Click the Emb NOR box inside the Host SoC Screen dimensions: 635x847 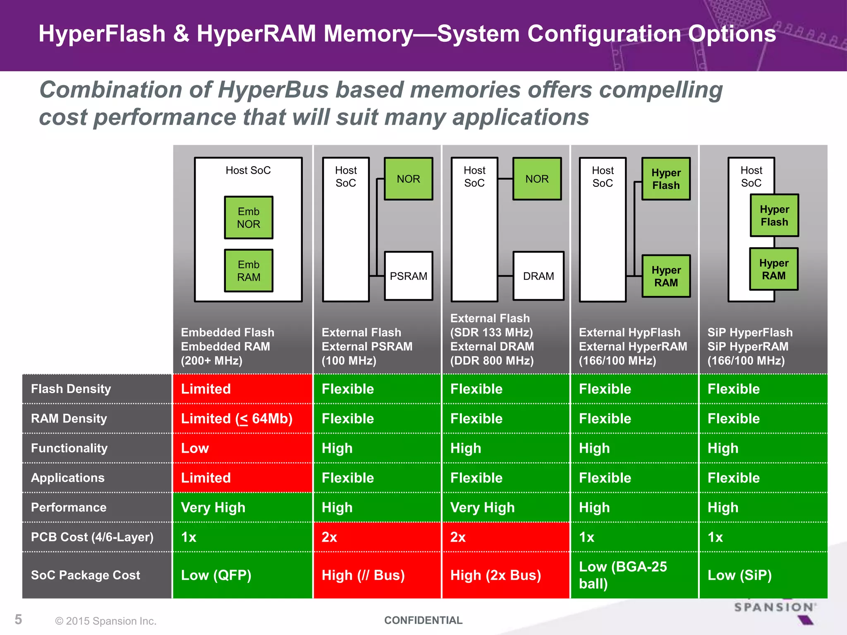[249, 217]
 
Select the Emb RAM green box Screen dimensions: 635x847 [249, 271]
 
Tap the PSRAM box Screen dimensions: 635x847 [409, 276]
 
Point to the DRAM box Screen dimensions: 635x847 [538, 276]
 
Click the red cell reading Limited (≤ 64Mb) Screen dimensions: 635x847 [242, 418]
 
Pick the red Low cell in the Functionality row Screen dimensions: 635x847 [242, 448]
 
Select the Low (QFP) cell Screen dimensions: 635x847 [242, 575]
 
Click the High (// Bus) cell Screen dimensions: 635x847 [377, 575]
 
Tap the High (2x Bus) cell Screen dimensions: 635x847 [505, 575]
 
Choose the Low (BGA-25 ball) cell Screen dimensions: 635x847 [634, 575]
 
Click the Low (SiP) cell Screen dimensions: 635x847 [763, 575]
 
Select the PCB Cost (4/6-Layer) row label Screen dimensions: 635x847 [92, 537]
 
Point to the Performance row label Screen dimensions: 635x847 [69, 507]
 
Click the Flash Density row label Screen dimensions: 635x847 [71, 389]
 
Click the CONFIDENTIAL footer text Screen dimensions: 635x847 [423, 620]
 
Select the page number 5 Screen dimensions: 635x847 [18, 619]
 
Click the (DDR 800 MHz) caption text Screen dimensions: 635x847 [492, 360]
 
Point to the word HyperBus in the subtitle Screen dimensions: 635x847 [273, 90]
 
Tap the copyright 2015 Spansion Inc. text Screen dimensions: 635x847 [106, 621]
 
